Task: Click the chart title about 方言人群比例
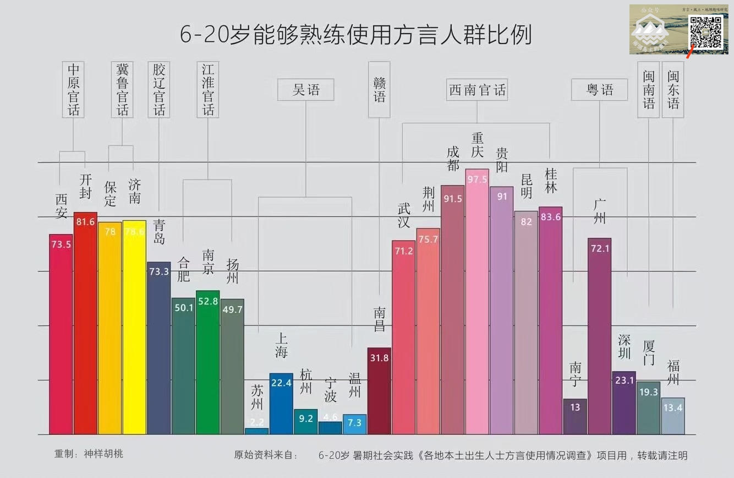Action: (356, 34)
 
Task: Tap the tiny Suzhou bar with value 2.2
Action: (257, 431)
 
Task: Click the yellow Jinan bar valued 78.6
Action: (134, 327)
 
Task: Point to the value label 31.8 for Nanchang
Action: (379, 358)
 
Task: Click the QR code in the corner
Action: (706, 32)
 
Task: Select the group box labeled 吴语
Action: (306, 90)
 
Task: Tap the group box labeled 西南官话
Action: (477, 90)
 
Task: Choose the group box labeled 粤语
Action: (599, 90)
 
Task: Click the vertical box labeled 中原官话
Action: (74, 89)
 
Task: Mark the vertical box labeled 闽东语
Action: (673, 89)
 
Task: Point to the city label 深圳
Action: (624, 346)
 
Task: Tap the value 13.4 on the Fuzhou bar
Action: (673, 408)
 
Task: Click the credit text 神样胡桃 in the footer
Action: (103, 454)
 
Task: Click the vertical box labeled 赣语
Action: (379, 89)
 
